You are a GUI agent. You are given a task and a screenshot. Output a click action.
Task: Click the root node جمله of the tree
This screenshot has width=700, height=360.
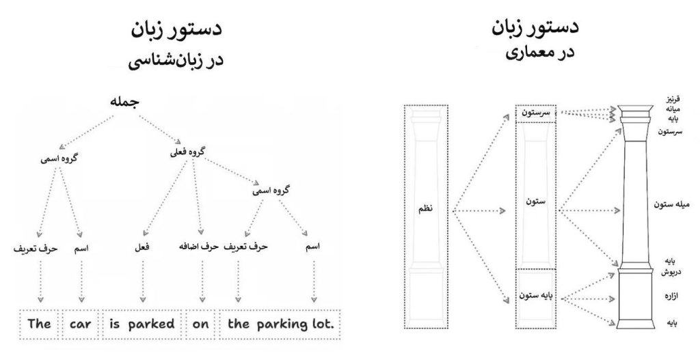tap(124, 102)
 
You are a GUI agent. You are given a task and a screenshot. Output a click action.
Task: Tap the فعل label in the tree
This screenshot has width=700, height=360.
tap(142, 247)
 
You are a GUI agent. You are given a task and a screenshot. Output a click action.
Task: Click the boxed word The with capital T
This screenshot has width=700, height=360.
tap(40, 324)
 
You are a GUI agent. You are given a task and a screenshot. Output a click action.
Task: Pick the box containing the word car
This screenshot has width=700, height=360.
tap(82, 324)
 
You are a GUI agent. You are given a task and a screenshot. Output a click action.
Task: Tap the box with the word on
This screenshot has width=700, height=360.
tap(200, 324)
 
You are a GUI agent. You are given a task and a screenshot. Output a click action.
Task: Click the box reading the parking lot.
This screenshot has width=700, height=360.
tap(281, 324)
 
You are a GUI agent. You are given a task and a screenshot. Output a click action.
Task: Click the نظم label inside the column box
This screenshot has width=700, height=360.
tap(426, 210)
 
